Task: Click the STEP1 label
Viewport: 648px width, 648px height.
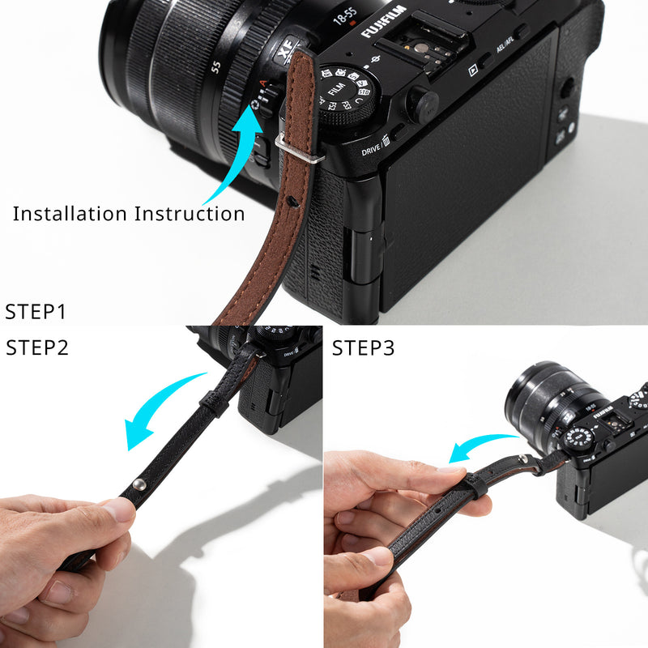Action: click(x=36, y=312)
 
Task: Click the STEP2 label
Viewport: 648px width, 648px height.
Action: click(x=37, y=348)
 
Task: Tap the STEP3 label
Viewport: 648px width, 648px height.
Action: click(x=364, y=349)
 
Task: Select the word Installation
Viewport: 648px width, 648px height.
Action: click(x=70, y=214)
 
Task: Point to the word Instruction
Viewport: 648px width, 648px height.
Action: click(x=190, y=214)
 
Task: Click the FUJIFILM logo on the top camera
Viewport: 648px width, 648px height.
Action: click(x=383, y=21)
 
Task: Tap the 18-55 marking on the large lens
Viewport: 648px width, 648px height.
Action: click(x=346, y=14)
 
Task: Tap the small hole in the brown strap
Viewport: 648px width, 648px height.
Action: click(x=298, y=198)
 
